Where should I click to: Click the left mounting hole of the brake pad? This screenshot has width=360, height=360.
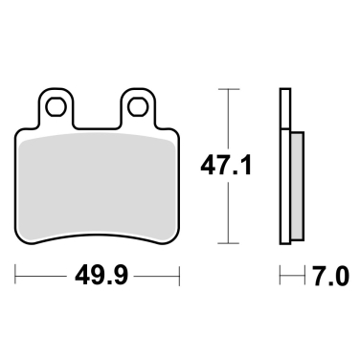58,105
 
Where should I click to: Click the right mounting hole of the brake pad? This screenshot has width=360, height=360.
139,105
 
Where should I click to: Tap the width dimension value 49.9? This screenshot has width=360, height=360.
99,278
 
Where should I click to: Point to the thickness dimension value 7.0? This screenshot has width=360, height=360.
324,278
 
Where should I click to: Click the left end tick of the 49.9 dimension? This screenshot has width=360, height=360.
17,278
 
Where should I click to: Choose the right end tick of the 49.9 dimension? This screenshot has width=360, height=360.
180,278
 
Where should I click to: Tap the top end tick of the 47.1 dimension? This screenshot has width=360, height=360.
226,89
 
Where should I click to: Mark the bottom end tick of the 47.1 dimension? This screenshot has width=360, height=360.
226,242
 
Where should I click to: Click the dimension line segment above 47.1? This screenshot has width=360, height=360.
226,120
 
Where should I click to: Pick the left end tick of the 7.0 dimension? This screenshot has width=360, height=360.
281,278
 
